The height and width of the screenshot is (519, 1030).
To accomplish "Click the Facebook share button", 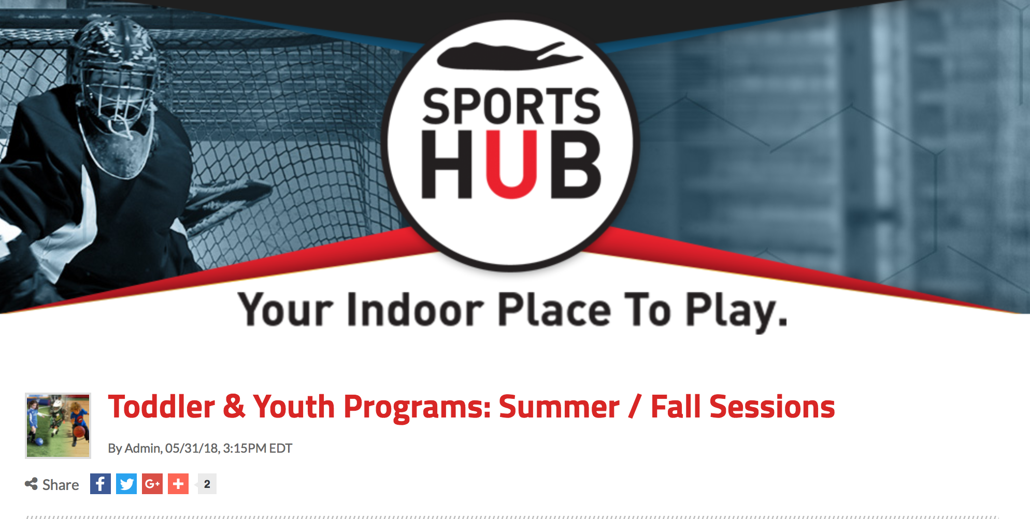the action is tap(101, 484).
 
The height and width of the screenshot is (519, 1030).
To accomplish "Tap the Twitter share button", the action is tap(126, 484).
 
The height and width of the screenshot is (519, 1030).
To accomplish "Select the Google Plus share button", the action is tap(152, 484).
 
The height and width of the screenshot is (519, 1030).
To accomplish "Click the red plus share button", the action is tap(178, 484).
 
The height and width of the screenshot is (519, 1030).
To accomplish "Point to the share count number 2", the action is tap(207, 484).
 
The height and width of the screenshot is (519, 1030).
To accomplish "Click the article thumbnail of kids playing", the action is tap(58, 425).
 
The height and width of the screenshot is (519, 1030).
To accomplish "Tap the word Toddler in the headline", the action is tap(161, 407).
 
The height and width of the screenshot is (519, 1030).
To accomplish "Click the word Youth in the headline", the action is tap(294, 407).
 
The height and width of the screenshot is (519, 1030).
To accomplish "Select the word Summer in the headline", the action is tap(559, 407).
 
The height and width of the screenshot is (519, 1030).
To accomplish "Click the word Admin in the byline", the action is tap(143, 448).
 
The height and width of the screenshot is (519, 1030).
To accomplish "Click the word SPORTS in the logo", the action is tap(511, 106).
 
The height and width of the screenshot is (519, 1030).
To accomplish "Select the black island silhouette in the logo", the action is tap(510, 56).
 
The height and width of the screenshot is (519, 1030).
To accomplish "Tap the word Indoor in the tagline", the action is tap(415, 310).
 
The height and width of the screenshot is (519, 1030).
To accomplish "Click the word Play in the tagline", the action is tap(731, 311).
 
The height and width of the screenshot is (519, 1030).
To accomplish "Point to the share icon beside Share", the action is tap(31, 484).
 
